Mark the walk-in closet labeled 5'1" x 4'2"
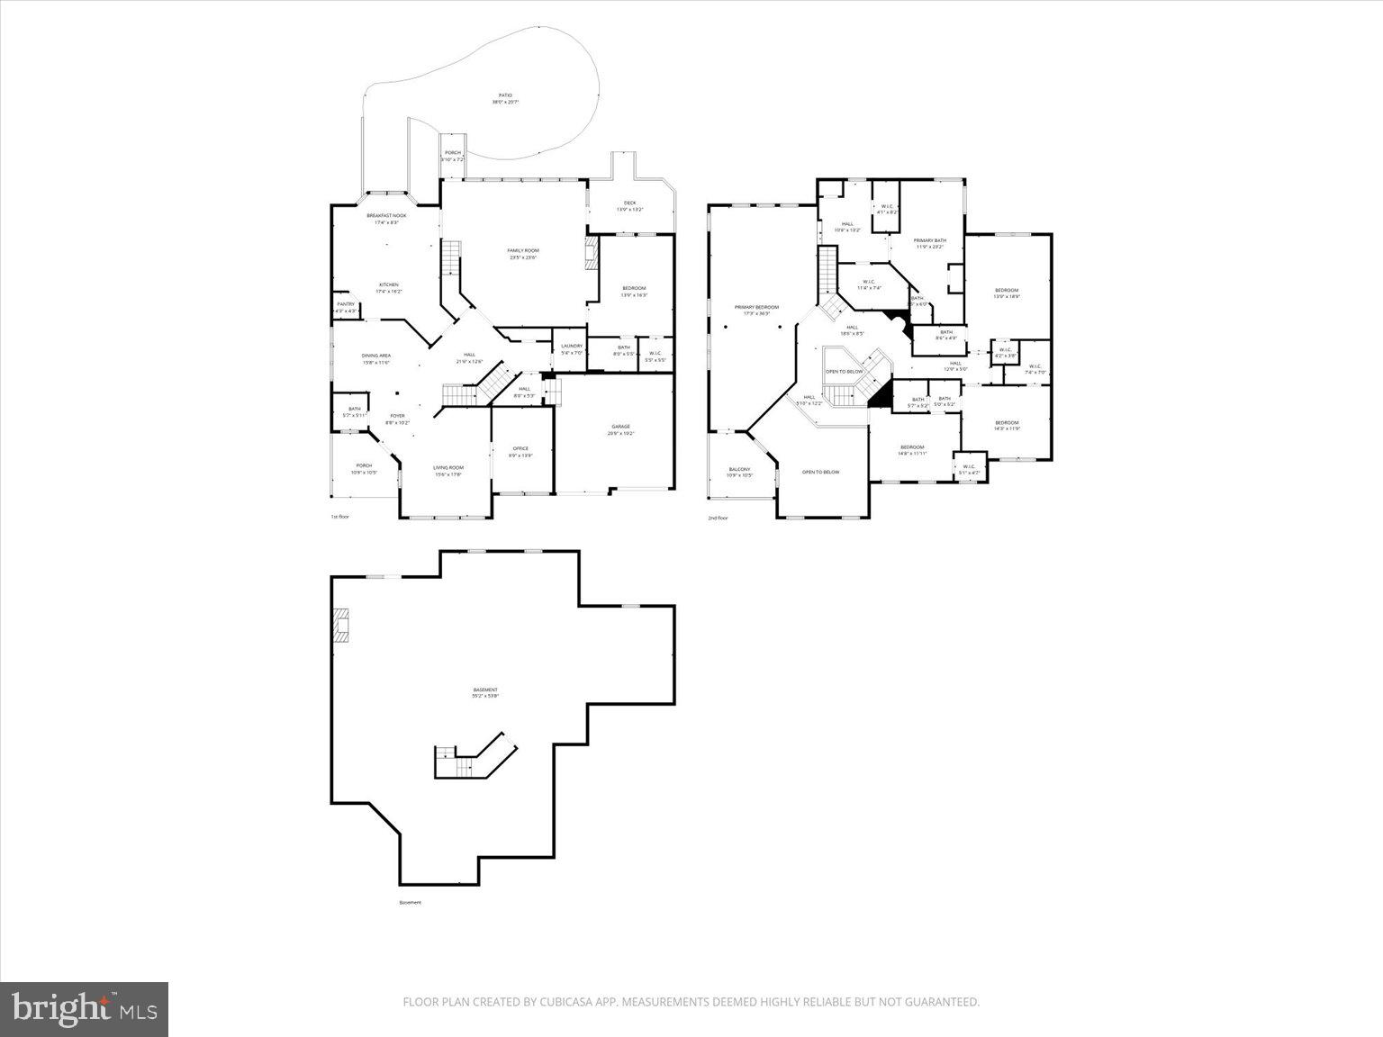pos(968,469)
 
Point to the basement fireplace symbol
pos(340,625)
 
